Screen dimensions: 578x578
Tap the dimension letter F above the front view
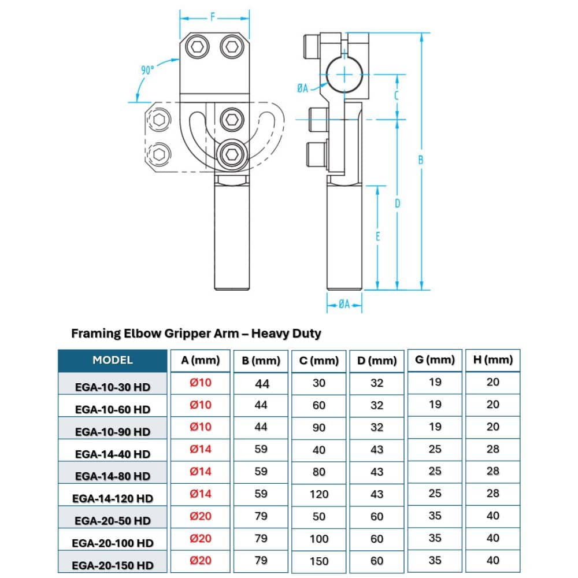[x=212, y=17]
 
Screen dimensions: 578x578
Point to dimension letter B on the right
[x=421, y=160]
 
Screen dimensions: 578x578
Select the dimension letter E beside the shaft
[x=377, y=236]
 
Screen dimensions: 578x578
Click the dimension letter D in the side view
[x=397, y=203]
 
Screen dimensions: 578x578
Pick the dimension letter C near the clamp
[x=397, y=96]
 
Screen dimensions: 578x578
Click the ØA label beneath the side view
[x=344, y=303]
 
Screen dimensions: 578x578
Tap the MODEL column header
[x=112, y=360]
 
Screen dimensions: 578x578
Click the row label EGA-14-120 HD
[x=113, y=498]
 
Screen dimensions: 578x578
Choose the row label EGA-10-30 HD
[x=113, y=387]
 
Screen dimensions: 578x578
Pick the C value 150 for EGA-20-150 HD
[x=319, y=561]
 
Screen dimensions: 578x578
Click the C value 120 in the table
[x=319, y=494]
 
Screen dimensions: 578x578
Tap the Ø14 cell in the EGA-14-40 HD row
[x=201, y=449]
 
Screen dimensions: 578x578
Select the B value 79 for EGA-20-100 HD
[x=261, y=538]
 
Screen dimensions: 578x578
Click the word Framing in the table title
[x=95, y=334]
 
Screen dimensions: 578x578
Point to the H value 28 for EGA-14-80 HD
[x=492, y=471]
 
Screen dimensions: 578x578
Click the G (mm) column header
[x=435, y=360]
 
